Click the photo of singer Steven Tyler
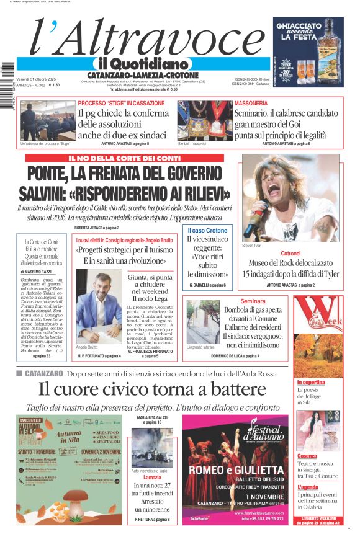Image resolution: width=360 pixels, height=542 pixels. (x=290, y=198)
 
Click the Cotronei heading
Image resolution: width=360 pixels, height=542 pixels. (x=290, y=254)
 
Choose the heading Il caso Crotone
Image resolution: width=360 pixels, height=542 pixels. (x=207, y=231)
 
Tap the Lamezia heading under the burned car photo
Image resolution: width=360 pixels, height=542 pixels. (x=152, y=477)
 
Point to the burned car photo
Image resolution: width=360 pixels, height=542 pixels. (x=152, y=447)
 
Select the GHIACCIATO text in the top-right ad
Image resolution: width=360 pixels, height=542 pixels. (x=299, y=27)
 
